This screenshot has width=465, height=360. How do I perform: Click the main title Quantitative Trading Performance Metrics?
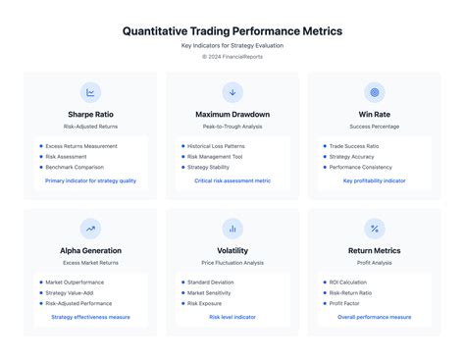[232, 30]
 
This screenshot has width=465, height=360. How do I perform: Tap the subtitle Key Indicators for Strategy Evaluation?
[232, 46]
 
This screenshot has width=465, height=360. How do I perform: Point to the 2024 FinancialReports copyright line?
[232, 57]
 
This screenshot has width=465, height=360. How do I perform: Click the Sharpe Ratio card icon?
[90, 93]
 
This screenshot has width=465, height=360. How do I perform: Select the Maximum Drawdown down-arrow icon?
[232, 93]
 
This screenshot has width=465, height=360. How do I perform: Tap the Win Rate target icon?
[374, 93]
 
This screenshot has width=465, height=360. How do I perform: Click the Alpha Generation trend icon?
[90, 229]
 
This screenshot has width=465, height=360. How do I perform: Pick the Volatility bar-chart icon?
[232, 229]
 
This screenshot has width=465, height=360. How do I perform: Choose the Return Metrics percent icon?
[374, 229]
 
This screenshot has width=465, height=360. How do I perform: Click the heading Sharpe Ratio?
[90, 114]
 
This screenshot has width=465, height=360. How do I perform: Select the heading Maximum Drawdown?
[232, 114]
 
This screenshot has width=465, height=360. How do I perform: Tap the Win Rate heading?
[374, 114]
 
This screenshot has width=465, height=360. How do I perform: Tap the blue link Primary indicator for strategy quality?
[90, 180]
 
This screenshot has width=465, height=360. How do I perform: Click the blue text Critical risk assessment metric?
[232, 180]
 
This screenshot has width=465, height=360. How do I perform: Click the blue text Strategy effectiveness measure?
[90, 317]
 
